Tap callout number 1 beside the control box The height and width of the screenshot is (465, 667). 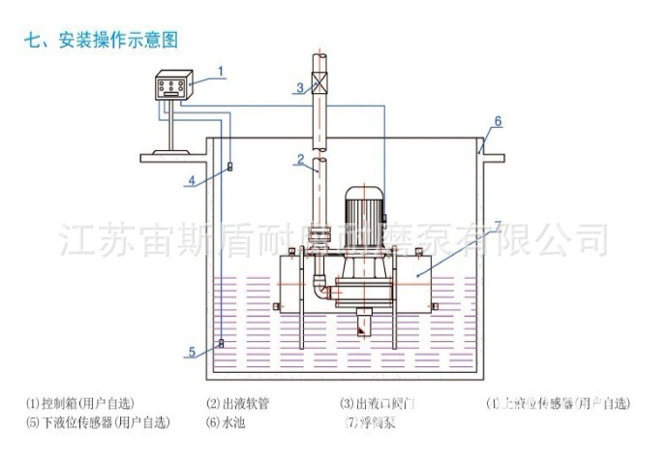click(x=221, y=71)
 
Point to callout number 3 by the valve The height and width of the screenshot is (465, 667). click(x=301, y=88)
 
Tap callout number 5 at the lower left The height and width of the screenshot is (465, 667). click(x=192, y=352)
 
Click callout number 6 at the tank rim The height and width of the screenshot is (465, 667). click(x=498, y=121)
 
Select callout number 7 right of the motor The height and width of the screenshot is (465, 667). click(x=498, y=226)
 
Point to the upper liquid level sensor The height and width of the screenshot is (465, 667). click(x=229, y=169)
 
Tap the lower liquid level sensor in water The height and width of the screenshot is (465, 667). click(x=221, y=342)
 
